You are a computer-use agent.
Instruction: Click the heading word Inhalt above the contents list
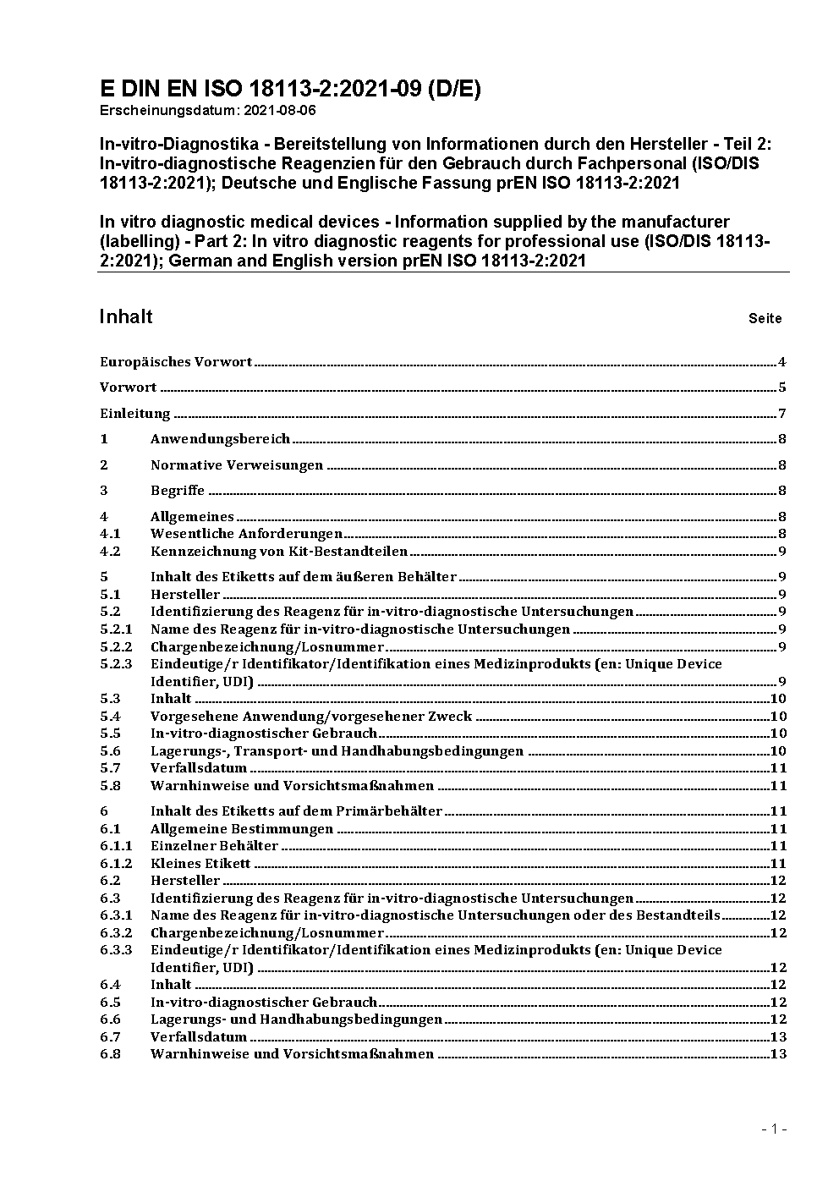click(125, 316)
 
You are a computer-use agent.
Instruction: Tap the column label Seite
click(765, 319)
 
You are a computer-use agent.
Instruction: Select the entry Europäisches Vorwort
click(176, 362)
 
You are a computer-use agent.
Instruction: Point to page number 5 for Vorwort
click(782, 387)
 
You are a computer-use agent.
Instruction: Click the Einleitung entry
click(135, 414)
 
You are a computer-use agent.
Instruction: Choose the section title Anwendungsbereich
click(220, 439)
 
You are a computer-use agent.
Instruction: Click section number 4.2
click(110, 552)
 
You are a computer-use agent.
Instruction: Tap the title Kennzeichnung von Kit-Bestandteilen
click(279, 552)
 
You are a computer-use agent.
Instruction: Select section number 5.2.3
click(116, 664)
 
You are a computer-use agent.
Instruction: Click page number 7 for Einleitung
click(782, 414)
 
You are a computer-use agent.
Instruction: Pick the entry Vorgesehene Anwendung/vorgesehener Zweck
click(311, 717)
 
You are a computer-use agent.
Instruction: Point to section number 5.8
click(110, 786)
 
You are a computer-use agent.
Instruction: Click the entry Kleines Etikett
click(200, 864)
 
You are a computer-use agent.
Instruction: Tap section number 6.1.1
click(116, 846)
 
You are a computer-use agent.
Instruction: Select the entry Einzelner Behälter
click(214, 846)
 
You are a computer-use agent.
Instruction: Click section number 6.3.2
click(116, 933)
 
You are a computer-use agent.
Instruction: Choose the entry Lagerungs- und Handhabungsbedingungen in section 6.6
click(296, 1019)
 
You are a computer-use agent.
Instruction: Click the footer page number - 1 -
click(774, 1129)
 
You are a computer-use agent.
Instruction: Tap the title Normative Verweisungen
click(237, 465)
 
